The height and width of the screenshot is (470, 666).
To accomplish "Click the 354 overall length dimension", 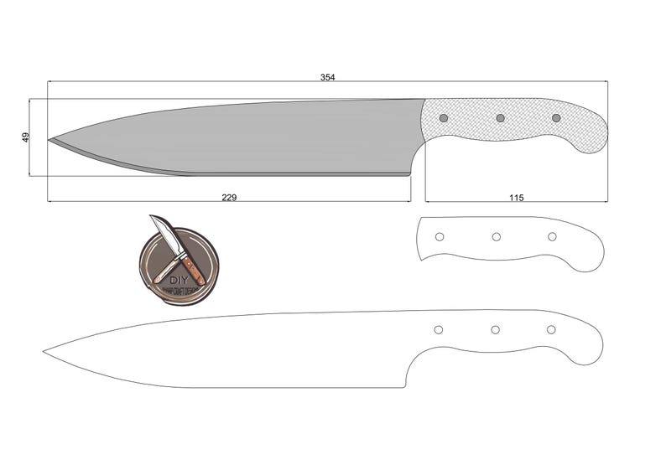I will pyautogui.click(x=327, y=77).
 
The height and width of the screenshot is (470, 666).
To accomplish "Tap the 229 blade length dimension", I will pyautogui.click(x=229, y=198).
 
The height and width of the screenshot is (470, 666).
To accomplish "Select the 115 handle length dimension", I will pyautogui.click(x=516, y=198).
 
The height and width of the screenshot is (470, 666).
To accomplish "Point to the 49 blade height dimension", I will pyautogui.click(x=25, y=137).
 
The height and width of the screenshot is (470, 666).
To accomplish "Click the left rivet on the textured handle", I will pyautogui.click(x=444, y=118).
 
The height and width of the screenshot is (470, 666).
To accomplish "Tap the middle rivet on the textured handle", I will pyautogui.click(x=500, y=118).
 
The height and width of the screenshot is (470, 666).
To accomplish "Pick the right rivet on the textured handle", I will pyautogui.click(x=555, y=118).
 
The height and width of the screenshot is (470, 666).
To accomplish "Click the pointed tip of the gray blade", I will pyautogui.click(x=49, y=140).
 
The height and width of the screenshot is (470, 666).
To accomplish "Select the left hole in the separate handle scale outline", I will pyautogui.click(x=439, y=237).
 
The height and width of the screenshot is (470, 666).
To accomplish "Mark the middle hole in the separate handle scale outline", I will pyautogui.click(x=496, y=237).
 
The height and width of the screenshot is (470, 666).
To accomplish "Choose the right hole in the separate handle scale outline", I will pyautogui.click(x=552, y=237).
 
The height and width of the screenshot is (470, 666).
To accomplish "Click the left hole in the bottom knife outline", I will pyautogui.click(x=438, y=330).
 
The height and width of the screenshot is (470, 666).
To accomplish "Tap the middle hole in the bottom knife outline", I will pyautogui.click(x=495, y=330).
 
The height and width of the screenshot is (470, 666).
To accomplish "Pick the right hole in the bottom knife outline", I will pyautogui.click(x=551, y=330).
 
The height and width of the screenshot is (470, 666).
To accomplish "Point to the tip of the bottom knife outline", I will pyautogui.click(x=44, y=352).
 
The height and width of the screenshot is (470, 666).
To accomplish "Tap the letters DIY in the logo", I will pyautogui.click(x=179, y=280).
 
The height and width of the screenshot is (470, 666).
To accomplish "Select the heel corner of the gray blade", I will pyautogui.click(x=410, y=173).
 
